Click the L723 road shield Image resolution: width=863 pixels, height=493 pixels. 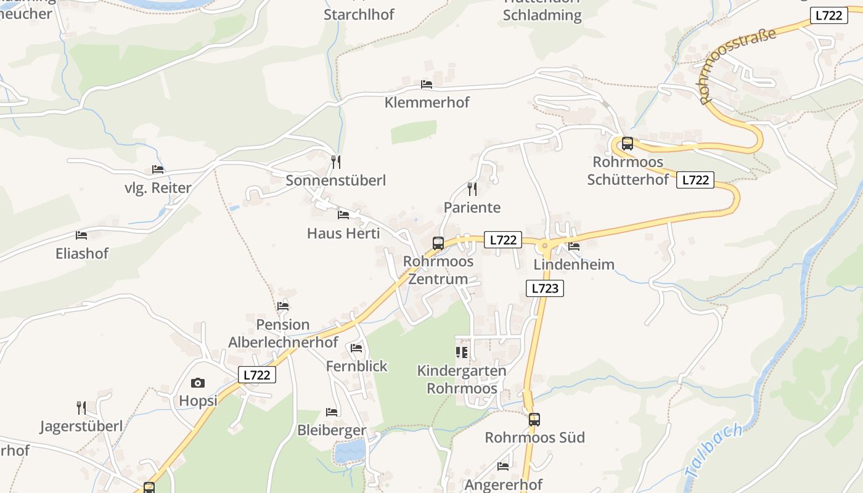(545, 288)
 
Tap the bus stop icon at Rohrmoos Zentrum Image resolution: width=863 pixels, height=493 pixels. (438, 243)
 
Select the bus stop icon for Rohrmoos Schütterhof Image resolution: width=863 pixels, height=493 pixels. (628, 144)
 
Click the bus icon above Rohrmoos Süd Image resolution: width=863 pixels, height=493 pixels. (534, 420)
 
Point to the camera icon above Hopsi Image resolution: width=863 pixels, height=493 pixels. (197, 383)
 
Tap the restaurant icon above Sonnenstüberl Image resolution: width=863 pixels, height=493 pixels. (336, 162)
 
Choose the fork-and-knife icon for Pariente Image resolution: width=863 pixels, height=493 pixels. (472, 189)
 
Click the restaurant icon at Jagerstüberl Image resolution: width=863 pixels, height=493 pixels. (81, 407)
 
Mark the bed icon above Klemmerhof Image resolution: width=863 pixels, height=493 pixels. (427, 84)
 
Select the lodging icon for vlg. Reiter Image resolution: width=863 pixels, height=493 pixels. (158, 169)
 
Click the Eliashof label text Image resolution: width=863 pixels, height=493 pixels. (82, 253)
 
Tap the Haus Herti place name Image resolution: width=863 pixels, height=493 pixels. (343, 234)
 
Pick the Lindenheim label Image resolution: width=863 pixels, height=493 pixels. (574, 264)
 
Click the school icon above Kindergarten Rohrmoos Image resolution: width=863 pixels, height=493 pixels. (462, 352)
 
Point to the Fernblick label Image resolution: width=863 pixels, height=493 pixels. (356, 366)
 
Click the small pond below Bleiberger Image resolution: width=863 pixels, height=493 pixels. (350, 452)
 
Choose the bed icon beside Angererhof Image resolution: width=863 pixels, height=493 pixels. (503, 467)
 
